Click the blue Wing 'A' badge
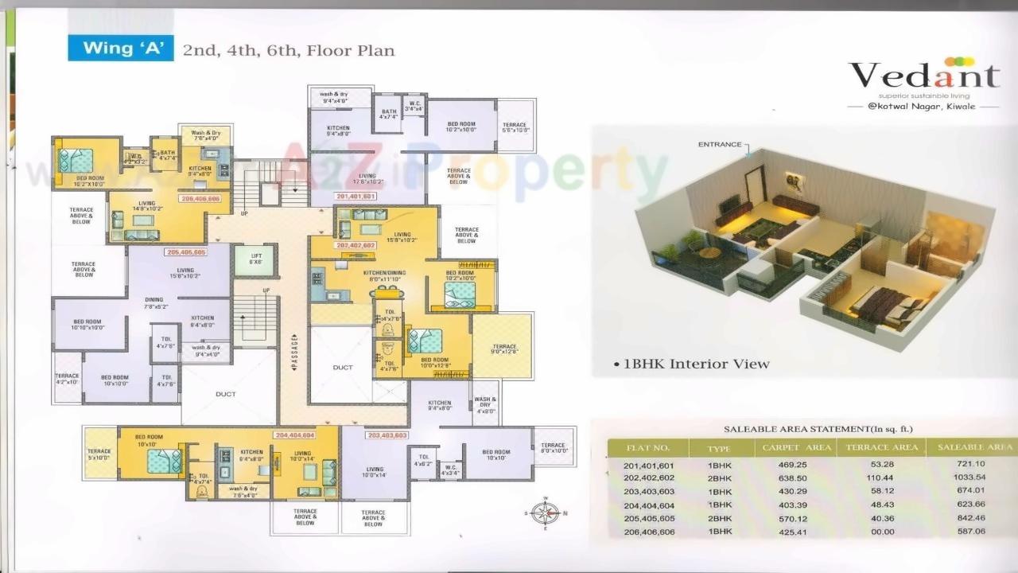(120, 49)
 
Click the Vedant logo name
(923, 76)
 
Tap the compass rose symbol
(546, 513)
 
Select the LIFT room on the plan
(256, 260)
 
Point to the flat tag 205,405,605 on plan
(186, 252)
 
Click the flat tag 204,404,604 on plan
(295, 435)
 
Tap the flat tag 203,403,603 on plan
(387, 435)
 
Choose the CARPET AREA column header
(796, 447)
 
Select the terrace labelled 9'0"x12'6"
(503, 349)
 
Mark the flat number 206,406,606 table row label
(649, 531)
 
